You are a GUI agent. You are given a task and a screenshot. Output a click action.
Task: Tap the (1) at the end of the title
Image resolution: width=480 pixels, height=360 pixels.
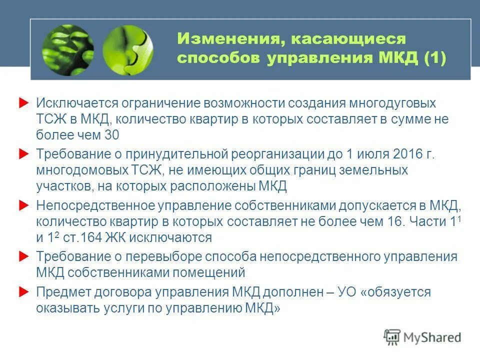pos(434,58)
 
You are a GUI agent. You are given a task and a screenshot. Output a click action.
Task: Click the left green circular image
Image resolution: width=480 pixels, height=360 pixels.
pos(67,50)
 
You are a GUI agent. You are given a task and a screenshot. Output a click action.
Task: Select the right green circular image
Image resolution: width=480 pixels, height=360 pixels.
pos(128,50)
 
